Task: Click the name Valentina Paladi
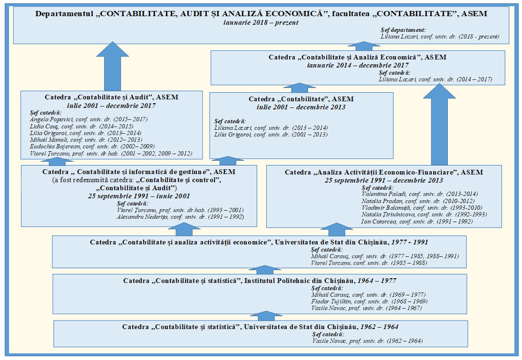coord(380,194)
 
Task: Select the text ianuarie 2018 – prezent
coord(261,22)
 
